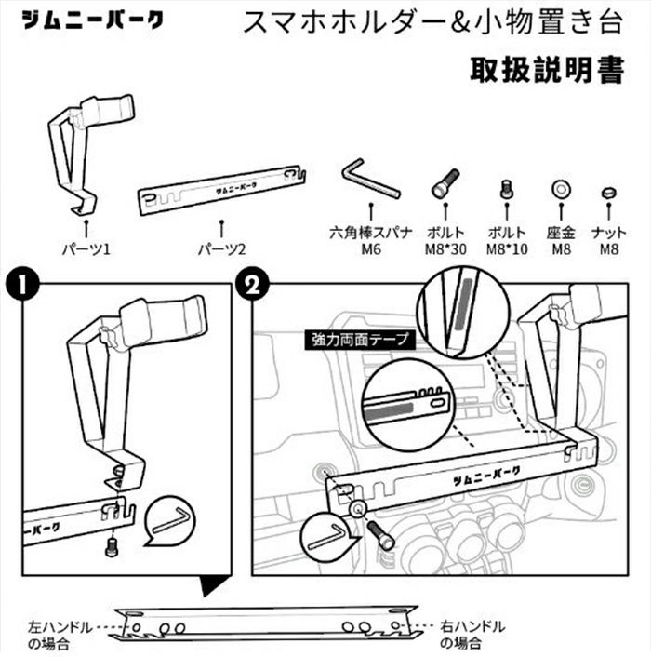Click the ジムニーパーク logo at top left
[92, 20]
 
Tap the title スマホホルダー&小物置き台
[432, 22]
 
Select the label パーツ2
[221, 248]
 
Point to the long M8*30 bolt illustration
[445, 182]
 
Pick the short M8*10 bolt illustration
[507, 188]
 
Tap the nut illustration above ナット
[608, 193]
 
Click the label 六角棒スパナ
[369, 232]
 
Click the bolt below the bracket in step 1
[113, 546]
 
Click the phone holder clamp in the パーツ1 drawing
[108, 113]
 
